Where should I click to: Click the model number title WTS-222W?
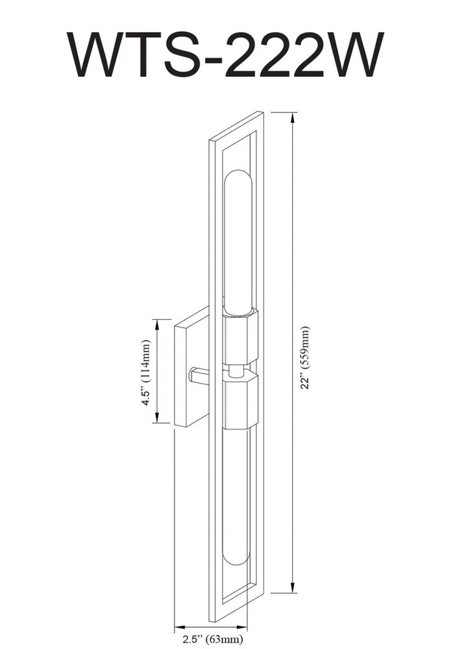click(226, 55)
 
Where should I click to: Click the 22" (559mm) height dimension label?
click(306, 358)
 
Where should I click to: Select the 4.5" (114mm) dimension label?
click(146, 373)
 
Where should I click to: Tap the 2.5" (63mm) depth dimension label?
click(213, 639)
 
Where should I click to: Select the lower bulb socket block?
click(240, 399)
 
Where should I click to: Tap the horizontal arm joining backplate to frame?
click(199, 375)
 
